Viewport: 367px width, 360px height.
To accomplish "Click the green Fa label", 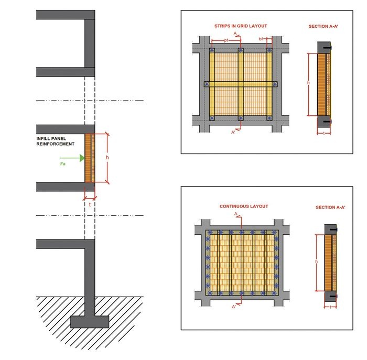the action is (63, 163).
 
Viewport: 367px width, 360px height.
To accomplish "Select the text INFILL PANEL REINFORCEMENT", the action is (56, 141).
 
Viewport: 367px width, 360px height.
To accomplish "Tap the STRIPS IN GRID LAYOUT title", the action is (241, 26).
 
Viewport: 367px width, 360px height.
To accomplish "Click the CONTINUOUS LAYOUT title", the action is (244, 206).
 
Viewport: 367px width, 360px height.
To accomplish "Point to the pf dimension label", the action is (226, 40).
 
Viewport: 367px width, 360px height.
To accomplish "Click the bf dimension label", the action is (261, 39).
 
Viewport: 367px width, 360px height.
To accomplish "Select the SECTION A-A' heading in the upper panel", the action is (323, 26).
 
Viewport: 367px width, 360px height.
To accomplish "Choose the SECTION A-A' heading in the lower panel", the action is (330, 208).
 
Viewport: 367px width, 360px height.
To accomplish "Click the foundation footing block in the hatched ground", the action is (90, 322).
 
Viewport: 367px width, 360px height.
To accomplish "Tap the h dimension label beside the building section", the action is (107, 157).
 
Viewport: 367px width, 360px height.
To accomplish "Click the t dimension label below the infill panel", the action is (90, 205).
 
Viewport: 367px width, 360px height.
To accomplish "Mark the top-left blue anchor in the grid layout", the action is (212, 50).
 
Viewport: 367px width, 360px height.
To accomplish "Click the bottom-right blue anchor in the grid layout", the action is (269, 118).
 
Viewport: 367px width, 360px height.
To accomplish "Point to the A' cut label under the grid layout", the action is (233, 133).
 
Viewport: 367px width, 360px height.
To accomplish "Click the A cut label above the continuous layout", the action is (236, 214).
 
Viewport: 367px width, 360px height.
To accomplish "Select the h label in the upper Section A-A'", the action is (308, 83).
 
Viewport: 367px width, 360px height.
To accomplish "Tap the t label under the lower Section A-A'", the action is (330, 307).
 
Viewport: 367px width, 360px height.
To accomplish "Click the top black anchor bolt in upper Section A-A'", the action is (328, 48).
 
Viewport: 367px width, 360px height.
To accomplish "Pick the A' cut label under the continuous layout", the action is (234, 307).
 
